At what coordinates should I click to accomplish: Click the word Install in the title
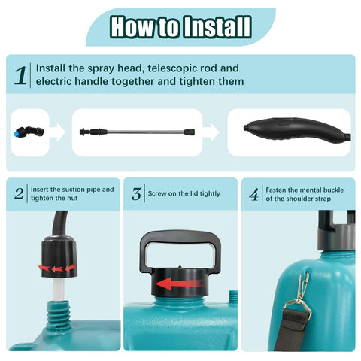[217, 26]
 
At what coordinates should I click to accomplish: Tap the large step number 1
[20, 76]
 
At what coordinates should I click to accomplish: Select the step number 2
[19, 193]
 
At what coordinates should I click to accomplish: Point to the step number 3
[136, 193]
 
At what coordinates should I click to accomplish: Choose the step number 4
[254, 195]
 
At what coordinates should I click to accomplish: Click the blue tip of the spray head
[18, 132]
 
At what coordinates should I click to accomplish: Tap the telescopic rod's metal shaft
[146, 132]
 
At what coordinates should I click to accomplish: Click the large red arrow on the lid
[180, 284]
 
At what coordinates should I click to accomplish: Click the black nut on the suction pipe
[59, 256]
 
